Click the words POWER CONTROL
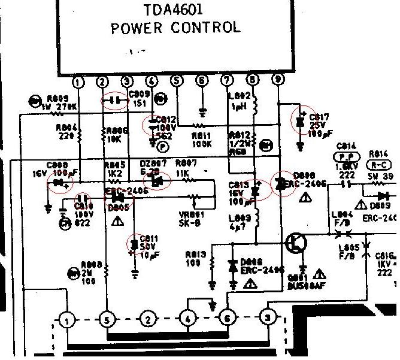[175, 28]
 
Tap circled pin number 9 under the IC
[277, 79]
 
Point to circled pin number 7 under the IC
[227, 80]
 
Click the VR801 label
[190, 214]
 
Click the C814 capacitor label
[347, 146]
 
